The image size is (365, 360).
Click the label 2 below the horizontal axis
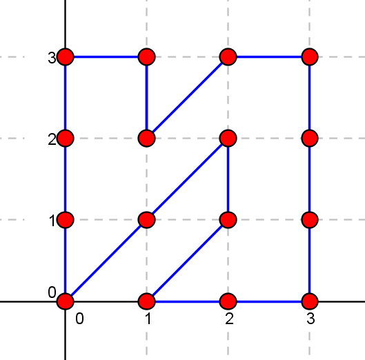[x=229, y=319]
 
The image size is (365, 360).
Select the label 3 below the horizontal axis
[x=310, y=319]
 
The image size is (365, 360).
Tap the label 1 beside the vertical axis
[x=52, y=221]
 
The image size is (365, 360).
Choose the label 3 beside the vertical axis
[x=52, y=58]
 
